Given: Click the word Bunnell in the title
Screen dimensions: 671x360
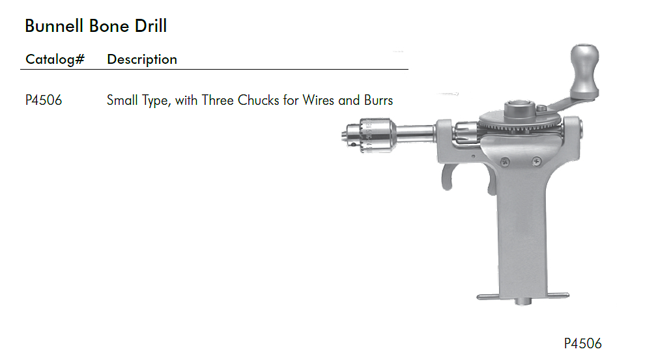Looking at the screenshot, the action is pos(54,26).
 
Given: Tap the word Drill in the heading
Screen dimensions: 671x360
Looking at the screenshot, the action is pos(150,26).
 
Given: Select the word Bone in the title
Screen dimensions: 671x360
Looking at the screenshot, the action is pos(109,26).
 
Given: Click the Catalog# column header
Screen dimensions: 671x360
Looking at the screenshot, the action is pos(55,59).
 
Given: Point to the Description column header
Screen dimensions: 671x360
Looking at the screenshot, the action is pos(142,59).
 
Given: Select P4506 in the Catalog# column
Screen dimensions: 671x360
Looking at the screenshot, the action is pos(44,100).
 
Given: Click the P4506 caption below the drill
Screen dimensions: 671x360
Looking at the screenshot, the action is pos(582,343).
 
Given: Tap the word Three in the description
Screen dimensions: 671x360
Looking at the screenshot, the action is pos(218,100).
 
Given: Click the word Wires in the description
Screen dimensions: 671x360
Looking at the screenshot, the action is pos(319,100).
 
